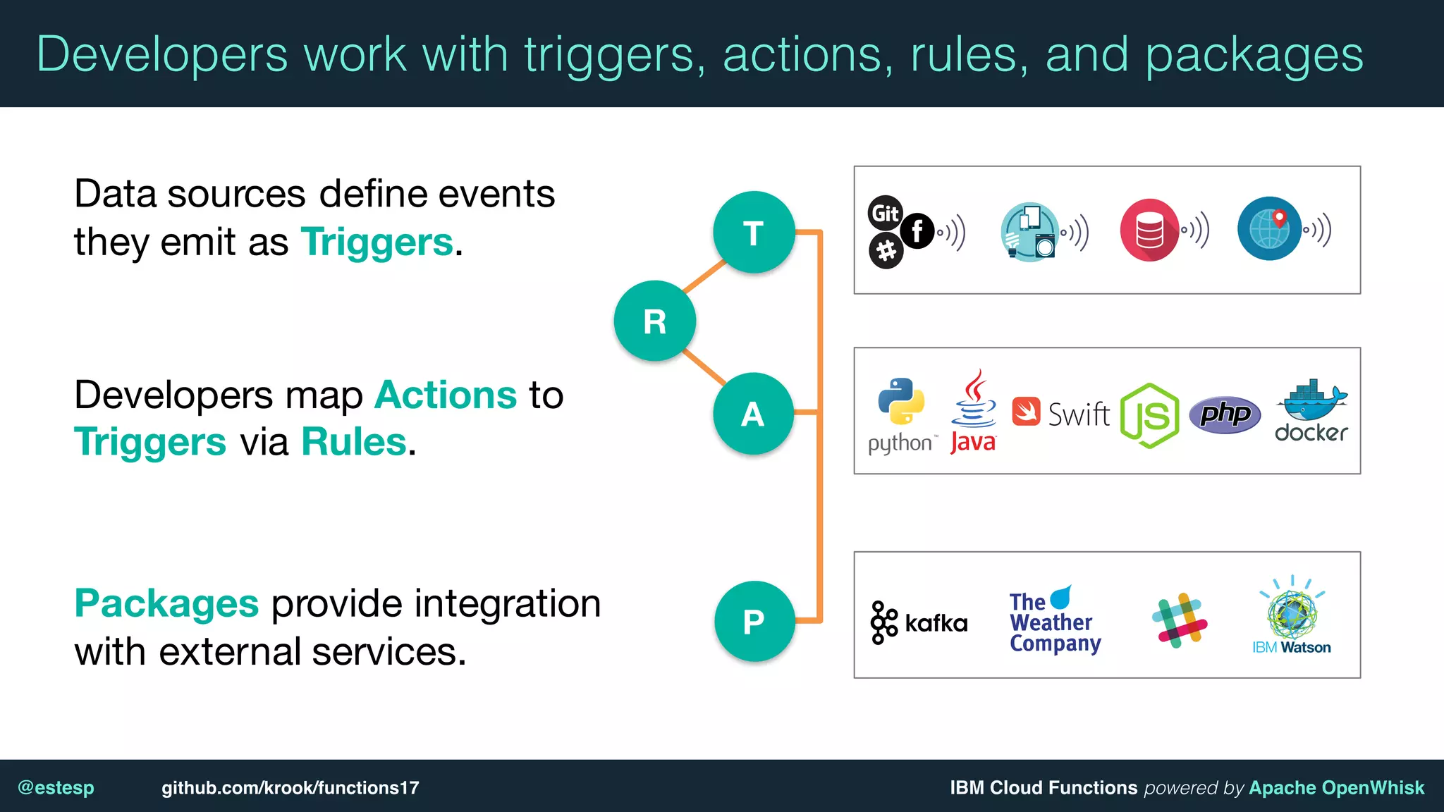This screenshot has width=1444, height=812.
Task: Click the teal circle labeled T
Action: (754, 232)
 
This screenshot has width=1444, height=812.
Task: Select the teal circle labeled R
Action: (655, 321)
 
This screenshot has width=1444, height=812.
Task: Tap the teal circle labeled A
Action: (753, 413)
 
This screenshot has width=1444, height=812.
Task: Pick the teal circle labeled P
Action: (754, 621)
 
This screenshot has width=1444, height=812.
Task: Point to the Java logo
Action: (974, 412)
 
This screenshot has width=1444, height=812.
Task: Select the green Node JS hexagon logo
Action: (1150, 416)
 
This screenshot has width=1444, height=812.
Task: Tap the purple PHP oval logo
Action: (1225, 414)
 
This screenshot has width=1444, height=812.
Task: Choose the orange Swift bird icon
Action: (1026, 412)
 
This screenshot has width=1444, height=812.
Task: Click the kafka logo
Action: (919, 622)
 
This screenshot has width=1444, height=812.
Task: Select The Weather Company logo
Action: (1053, 620)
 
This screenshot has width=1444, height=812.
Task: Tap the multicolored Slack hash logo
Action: (1180, 621)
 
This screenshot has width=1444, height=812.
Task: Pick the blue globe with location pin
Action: (1269, 228)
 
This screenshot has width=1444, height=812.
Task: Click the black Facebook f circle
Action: (917, 230)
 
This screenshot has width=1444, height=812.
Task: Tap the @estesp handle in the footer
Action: (56, 787)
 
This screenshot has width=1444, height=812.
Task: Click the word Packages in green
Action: (166, 604)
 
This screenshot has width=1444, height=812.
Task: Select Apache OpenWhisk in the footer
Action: (1336, 787)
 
